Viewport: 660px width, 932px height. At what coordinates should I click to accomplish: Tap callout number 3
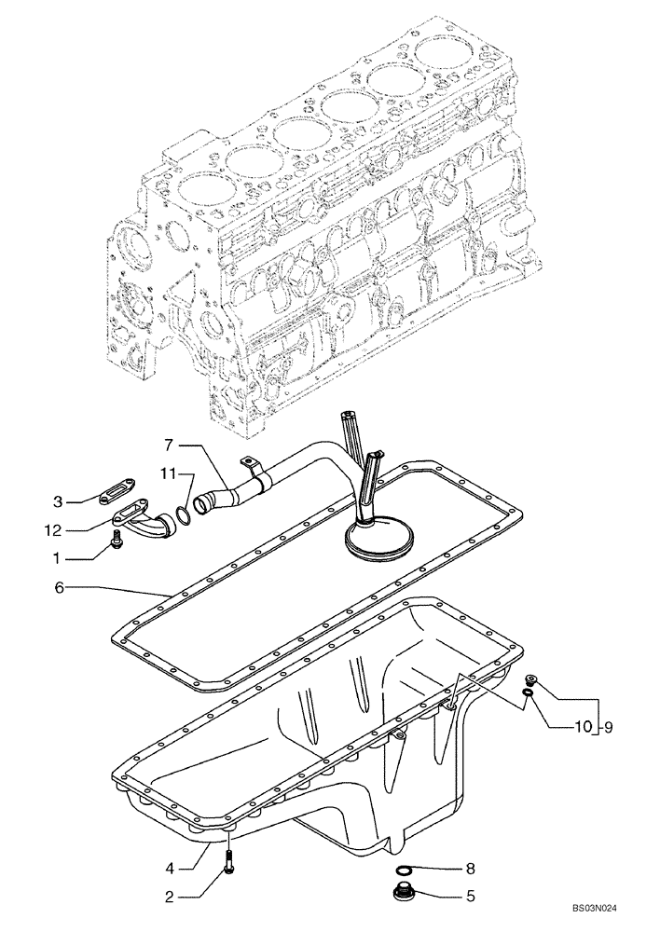click(58, 502)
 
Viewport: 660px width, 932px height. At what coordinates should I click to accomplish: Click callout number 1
click(58, 558)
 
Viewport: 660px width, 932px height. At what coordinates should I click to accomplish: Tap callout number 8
click(472, 868)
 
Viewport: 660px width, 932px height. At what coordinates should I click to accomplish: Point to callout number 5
click(472, 898)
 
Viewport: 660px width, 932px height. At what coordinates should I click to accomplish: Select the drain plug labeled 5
click(406, 895)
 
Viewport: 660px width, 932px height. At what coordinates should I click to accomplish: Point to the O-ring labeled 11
click(186, 512)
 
